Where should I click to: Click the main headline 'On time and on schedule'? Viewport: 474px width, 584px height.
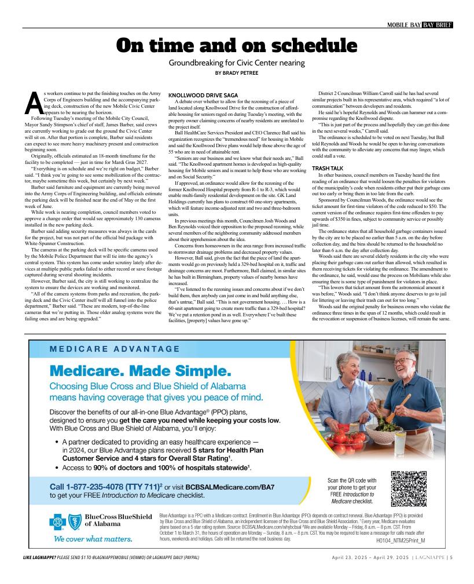click(x=237, y=46)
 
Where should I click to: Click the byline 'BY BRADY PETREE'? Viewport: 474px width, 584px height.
click(x=237, y=73)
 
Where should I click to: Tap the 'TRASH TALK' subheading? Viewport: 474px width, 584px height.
click(x=327, y=168)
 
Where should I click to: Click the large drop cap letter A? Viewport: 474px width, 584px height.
click(x=35, y=104)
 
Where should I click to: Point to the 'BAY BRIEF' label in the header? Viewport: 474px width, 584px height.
click(x=437, y=24)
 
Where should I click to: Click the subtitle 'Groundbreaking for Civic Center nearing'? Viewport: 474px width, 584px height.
click(x=237, y=63)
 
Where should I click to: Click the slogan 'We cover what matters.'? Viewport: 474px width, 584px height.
click(x=93, y=539)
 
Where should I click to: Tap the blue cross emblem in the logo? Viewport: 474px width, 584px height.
click(x=56, y=523)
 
